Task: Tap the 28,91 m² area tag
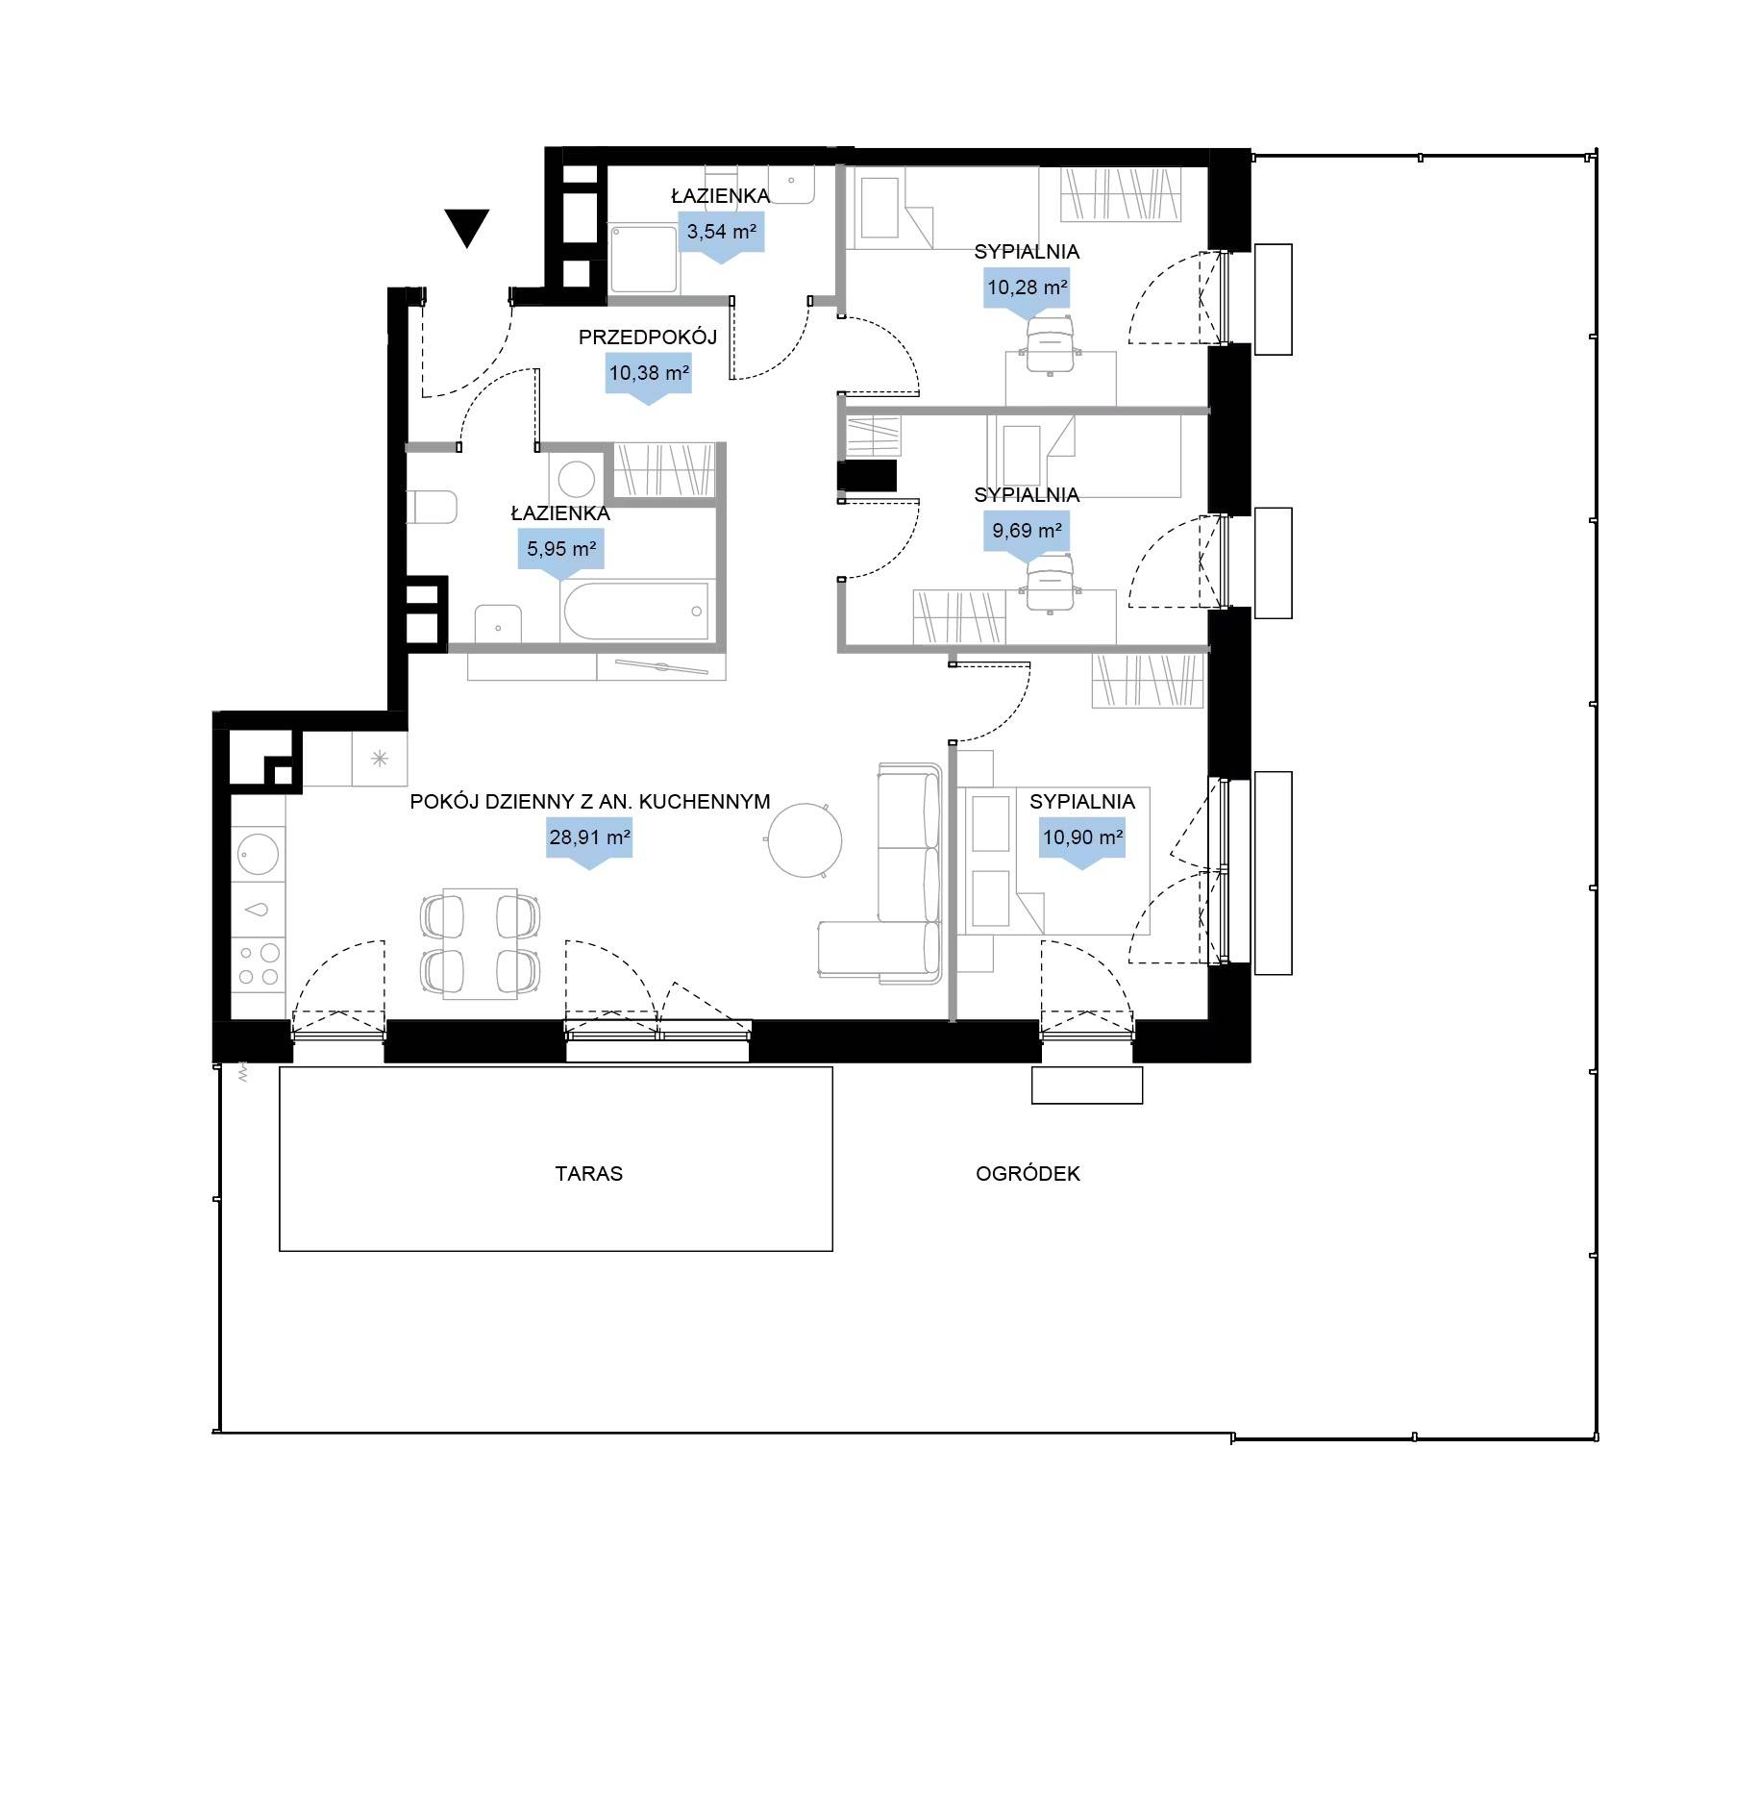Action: click(x=589, y=843)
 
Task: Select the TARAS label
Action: click(x=588, y=1173)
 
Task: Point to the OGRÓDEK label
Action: click(x=1028, y=1173)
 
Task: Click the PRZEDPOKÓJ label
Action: click(x=648, y=337)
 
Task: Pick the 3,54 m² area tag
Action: click(x=721, y=237)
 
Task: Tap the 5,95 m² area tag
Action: click(x=561, y=555)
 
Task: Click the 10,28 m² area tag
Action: click(x=1027, y=292)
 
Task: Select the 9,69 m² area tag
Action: click(x=1027, y=536)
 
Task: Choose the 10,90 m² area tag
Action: click(x=1082, y=843)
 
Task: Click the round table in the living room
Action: click(x=805, y=840)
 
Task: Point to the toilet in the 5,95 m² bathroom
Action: click(x=431, y=507)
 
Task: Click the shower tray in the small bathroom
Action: click(x=645, y=260)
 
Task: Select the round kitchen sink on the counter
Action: click(x=258, y=853)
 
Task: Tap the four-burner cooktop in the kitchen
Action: click(x=259, y=964)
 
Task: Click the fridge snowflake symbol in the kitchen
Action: click(x=380, y=759)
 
